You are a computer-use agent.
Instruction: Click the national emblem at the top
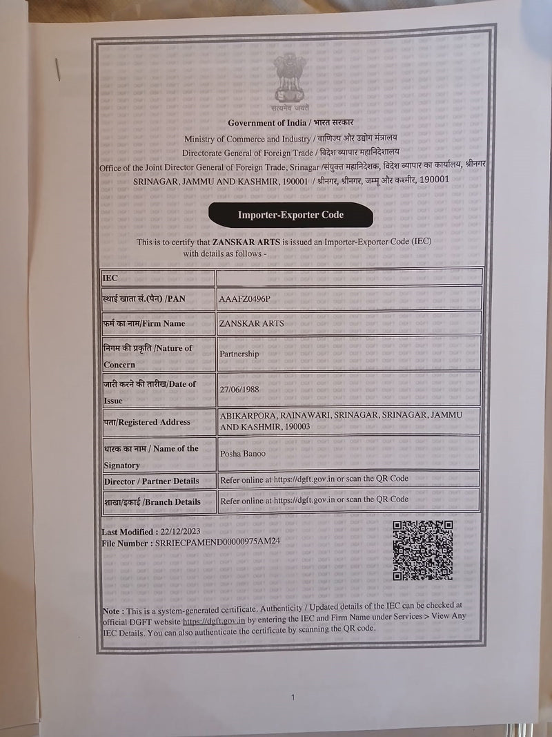pyautogui.click(x=289, y=79)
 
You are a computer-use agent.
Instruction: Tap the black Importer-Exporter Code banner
pyautogui.click(x=290, y=215)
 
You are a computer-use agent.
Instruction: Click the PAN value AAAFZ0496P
pyautogui.click(x=245, y=298)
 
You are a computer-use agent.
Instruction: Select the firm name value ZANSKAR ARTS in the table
pyautogui.click(x=250, y=323)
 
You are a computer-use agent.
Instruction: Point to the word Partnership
pyautogui.click(x=239, y=354)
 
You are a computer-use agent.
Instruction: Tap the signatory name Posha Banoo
pyautogui.click(x=243, y=454)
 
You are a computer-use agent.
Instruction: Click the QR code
pyautogui.click(x=422, y=551)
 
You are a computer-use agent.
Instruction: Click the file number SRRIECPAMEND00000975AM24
pyautogui.click(x=218, y=544)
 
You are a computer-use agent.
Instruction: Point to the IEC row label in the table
pyautogui.click(x=110, y=278)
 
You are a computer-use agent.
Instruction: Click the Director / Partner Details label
pyautogui.click(x=151, y=481)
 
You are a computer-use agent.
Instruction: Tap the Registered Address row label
pyautogui.click(x=147, y=421)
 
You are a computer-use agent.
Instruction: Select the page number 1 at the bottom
pyautogui.click(x=293, y=698)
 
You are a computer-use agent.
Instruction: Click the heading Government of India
pyautogui.click(x=269, y=123)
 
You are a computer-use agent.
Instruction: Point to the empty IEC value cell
pyautogui.click(x=348, y=278)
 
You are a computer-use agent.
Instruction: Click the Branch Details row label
pyautogui.click(x=152, y=501)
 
